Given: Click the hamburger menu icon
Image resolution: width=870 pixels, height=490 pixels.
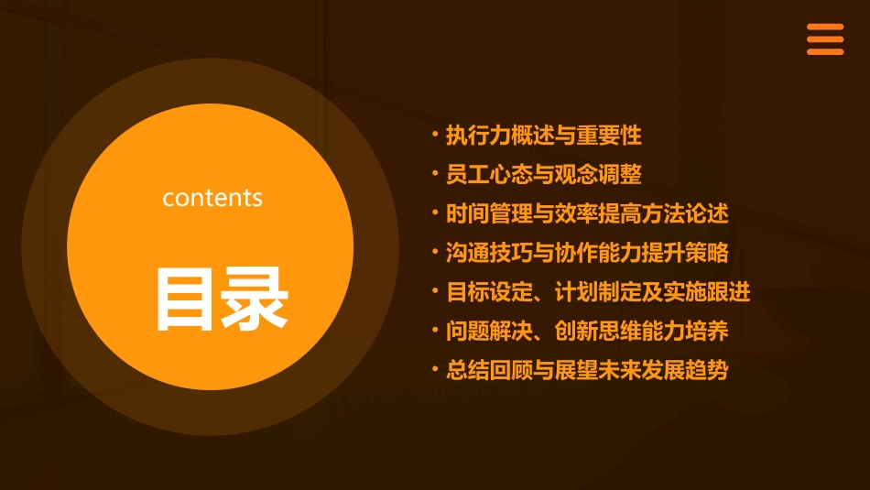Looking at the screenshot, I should coord(824,39).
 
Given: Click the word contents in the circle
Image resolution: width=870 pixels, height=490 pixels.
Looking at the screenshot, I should coord(212,197).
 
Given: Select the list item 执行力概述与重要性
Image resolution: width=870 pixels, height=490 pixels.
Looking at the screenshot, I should coord(543,136).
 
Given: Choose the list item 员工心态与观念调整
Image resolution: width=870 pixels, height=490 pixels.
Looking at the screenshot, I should coord(543,174).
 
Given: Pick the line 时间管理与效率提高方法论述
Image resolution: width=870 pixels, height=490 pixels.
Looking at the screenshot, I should coord(587,213).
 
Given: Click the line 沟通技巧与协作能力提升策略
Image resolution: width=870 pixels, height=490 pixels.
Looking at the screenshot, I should coord(587,253).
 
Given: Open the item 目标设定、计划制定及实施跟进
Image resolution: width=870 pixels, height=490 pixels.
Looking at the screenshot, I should coord(598,292).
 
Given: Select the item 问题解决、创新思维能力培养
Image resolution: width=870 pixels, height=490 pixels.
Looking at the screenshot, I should coord(587,331).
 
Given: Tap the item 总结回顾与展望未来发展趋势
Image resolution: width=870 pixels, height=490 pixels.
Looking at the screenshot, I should coord(587,370).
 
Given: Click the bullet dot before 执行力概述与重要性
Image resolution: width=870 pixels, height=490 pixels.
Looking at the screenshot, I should coord(435,135).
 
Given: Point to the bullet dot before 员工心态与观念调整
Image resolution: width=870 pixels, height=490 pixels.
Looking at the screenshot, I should coord(435,173).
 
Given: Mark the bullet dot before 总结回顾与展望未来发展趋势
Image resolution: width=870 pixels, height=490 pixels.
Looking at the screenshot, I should coord(435,369).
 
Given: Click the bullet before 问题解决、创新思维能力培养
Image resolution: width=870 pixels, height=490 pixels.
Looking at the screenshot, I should coord(435,330).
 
